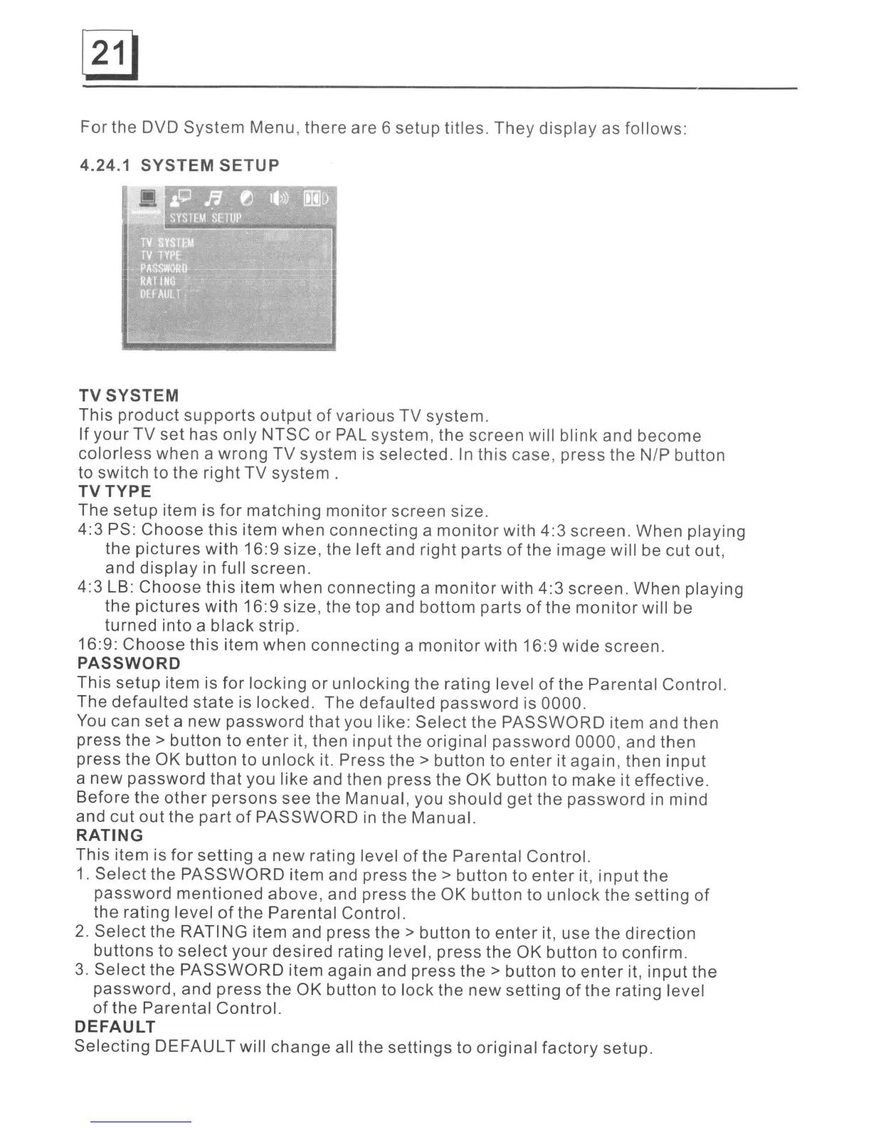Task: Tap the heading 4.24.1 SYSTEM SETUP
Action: tap(179, 165)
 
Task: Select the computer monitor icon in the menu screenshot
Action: tap(148, 199)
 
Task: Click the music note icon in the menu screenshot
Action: tap(212, 198)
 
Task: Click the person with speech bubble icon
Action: tap(181, 197)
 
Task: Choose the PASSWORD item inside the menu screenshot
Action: tap(164, 268)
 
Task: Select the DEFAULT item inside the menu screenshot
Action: tap(161, 293)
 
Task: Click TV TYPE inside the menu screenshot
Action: tap(161, 256)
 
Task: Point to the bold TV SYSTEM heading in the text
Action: tap(129, 395)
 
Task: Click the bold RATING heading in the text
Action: tap(110, 835)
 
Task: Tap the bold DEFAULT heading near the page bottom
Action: tap(115, 1027)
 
